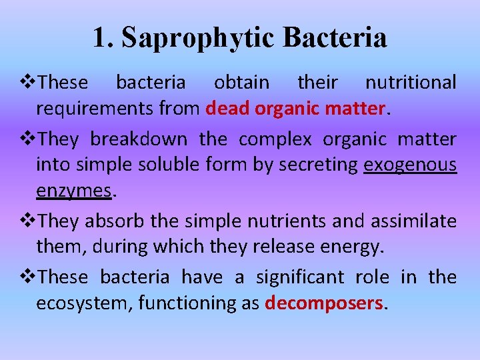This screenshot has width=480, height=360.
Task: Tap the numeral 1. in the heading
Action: point(102,37)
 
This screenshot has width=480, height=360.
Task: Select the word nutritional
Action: point(411,83)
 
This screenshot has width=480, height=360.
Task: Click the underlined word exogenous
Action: point(410,165)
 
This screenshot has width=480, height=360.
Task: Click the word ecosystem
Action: point(85,303)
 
